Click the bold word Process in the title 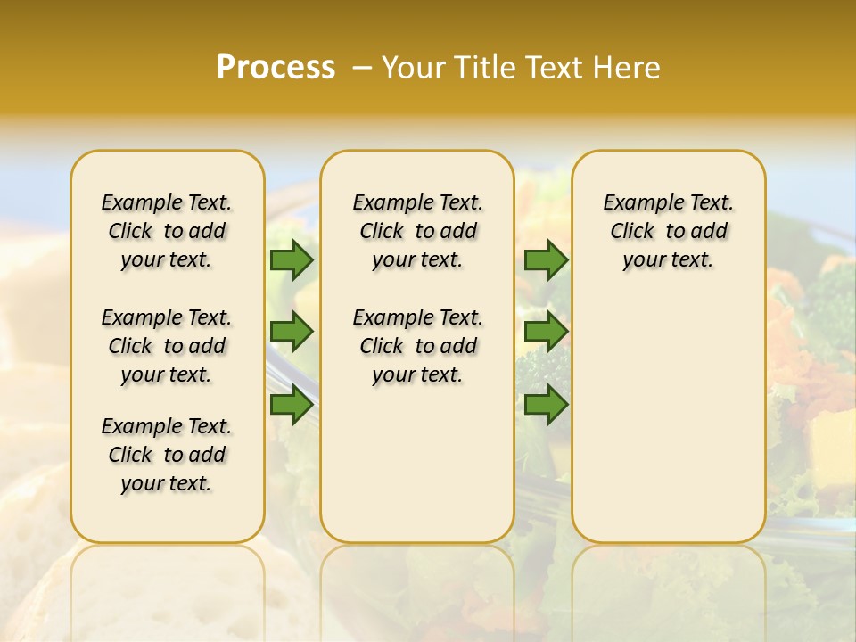276,68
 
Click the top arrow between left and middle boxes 292,259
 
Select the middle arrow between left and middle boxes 292,332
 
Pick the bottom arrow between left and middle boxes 292,404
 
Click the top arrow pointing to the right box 546,259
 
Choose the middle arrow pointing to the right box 546,332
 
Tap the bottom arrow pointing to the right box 546,404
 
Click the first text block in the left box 167,231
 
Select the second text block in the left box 167,346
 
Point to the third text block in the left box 167,455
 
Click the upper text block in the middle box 418,231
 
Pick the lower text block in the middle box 418,346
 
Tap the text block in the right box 669,231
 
